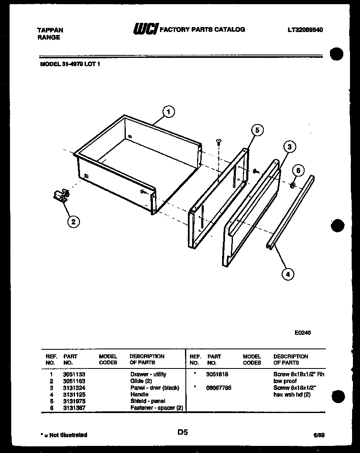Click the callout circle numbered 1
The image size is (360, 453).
(x=168, y=112)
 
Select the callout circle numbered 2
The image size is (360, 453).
(x=73, y=222)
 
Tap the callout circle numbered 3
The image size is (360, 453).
(x=289, y=147)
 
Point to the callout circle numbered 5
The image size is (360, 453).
(x=257, y=130)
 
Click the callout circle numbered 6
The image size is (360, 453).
(x=298, y=170)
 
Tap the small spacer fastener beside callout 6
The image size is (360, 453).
(x=293, y=184)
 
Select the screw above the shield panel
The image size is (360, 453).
(x=218, y=143)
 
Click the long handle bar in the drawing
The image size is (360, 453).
(x=290, y=212)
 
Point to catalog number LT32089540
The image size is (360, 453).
(x=305, y=30)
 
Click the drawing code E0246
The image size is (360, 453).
(x=302, y=333)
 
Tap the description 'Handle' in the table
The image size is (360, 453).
(x=139, y=394)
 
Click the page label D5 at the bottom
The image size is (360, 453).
(x=182, y=433)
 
